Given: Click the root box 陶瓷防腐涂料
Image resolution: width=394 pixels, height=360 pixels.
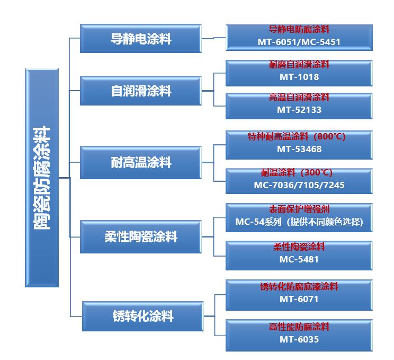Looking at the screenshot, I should [42, 178].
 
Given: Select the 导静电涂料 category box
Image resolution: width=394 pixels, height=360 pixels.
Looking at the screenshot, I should [141, 39].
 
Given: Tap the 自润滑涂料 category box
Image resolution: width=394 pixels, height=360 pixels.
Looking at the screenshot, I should [141, 91].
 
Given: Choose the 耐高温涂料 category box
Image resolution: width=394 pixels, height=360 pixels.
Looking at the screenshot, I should [141, 162].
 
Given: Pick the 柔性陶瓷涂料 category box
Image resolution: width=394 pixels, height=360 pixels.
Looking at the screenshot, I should [141, 236].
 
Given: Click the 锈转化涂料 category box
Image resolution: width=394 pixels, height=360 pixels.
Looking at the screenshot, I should [143, 317].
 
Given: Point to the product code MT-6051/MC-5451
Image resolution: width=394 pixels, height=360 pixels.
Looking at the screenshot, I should [299, 42].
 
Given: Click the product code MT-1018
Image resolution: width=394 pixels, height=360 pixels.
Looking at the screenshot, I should [299, 77].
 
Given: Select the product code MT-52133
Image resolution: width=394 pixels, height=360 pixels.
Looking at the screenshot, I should [299, 110].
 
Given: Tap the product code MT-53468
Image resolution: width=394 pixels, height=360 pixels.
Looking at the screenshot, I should [299, 149].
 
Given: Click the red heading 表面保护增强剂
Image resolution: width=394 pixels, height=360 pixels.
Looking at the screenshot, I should [299, 209].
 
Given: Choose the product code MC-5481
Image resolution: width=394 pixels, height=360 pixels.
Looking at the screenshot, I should [299, 259].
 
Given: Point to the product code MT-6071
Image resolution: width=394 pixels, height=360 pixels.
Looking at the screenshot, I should [299, 299].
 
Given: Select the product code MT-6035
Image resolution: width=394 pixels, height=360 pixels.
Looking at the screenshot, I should [299, 339].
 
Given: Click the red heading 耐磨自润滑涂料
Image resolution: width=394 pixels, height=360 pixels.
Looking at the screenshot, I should [299, 65].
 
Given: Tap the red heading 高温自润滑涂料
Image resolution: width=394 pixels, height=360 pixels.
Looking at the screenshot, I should [299, 98].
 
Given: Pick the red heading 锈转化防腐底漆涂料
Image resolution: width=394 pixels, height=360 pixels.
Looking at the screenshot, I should [299, 287].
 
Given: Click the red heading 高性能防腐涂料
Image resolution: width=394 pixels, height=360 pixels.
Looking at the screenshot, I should [299, 327].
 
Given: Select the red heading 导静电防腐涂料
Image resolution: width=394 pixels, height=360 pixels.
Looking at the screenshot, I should [299, 30].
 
